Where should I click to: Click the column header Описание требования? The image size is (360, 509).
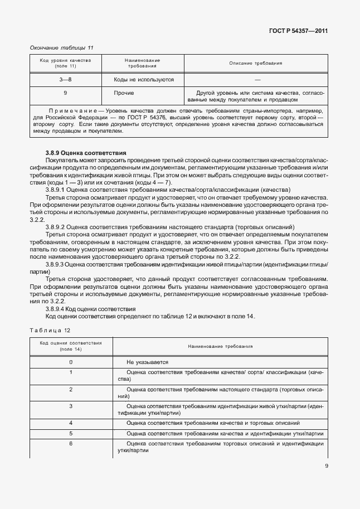[x=256, y=63]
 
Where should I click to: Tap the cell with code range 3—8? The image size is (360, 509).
[x=66, y=80]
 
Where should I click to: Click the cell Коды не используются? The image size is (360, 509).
[x=144, y=80]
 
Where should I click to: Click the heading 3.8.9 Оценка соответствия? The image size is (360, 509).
[x=86, y=152]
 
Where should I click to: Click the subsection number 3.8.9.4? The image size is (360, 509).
[x=56, y=308]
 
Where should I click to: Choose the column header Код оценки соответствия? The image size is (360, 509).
[x=70, y=346]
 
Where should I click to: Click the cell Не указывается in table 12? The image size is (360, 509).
[x=148, y=362]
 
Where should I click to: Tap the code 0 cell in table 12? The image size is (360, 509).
[x=71, y=362]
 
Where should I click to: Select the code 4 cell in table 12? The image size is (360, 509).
[x=71, y=423]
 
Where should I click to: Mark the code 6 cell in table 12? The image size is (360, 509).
[x=71, y=444]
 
